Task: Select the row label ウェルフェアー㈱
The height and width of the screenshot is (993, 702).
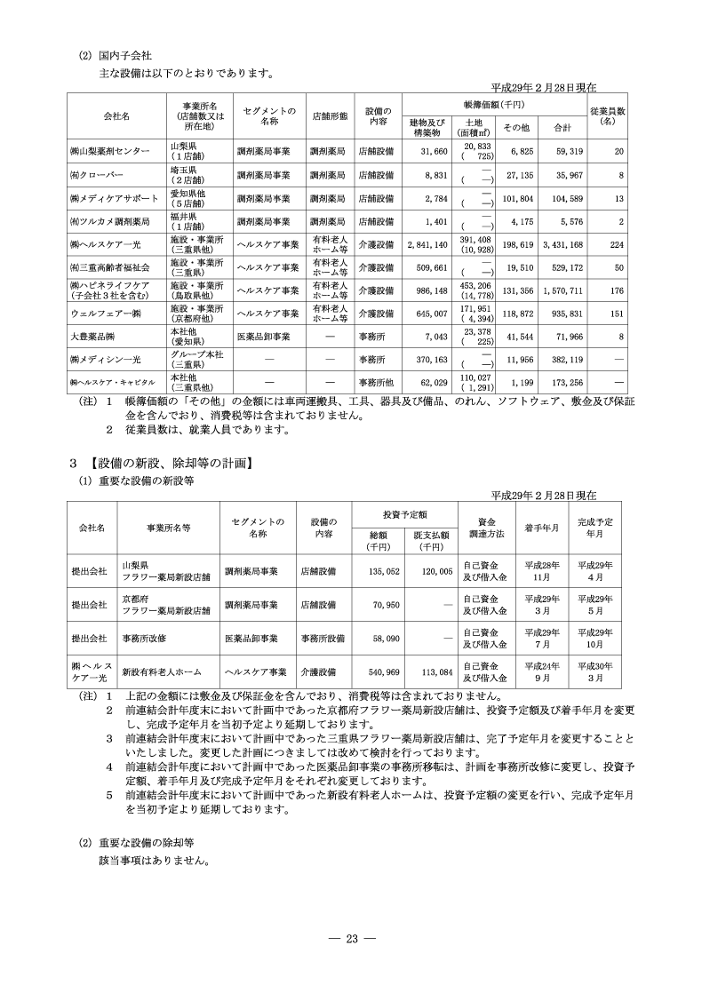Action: coord(104,314)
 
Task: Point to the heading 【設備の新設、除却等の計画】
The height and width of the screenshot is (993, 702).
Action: coord(166,463)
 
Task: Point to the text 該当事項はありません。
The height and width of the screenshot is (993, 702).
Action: coord(155,860)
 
